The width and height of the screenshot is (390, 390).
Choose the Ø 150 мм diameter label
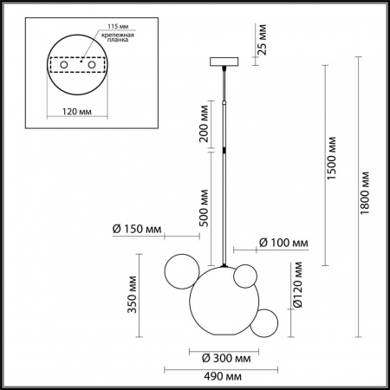point(140,229)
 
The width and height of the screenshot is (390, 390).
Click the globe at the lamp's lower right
point(266,322)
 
